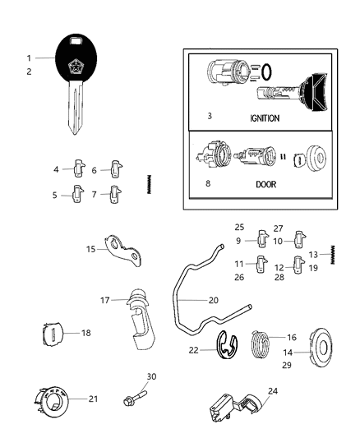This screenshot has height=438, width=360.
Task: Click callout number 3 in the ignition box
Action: (210, 116)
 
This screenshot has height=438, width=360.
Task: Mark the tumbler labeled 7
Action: (118, 196)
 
